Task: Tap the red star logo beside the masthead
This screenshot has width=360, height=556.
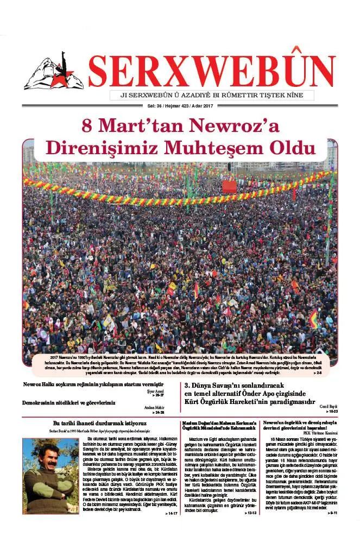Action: [54, 72]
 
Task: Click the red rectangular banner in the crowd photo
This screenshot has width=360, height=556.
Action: [229, 187]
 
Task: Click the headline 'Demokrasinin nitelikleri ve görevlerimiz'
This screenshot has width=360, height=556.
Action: [69, 403]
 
